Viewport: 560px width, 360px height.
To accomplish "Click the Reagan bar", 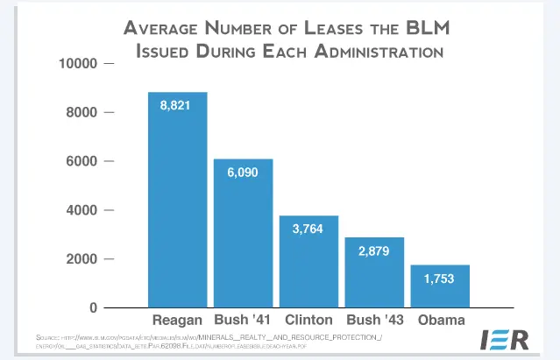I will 177,210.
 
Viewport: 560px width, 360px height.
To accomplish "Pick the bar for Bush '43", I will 374,280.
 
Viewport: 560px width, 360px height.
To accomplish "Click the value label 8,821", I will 178,105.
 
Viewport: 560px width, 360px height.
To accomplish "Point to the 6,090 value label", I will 244,173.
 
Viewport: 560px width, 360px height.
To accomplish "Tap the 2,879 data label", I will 374,251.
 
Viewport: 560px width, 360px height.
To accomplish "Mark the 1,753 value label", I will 440,279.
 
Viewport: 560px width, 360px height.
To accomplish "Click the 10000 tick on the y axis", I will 82,64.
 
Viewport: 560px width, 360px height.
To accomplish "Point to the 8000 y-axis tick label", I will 85,113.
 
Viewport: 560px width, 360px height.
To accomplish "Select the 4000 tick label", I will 85,210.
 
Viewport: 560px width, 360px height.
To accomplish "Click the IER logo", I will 504,340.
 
